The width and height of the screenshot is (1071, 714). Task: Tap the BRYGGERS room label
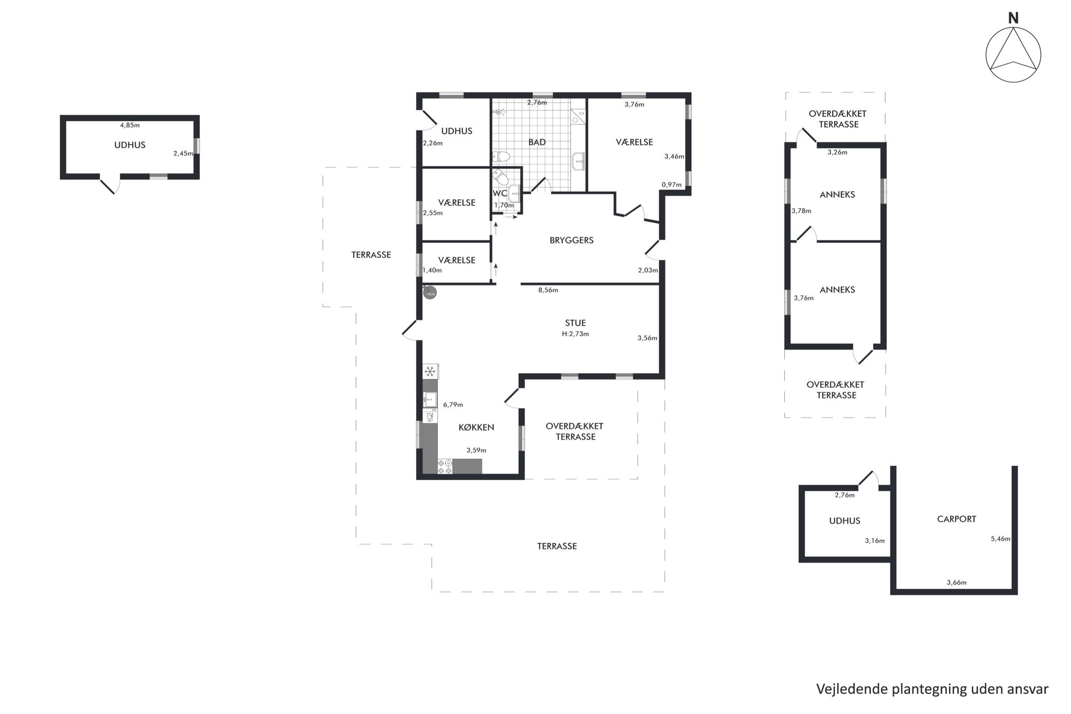click(571, 240)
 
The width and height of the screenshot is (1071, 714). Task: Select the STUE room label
click(575, 323)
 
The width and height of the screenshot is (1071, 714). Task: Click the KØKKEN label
click(476, 427)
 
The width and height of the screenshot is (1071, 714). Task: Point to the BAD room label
click(537, 142)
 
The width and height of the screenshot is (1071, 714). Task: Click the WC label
click(500, 193)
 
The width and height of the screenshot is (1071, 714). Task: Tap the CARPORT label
click(957, 519)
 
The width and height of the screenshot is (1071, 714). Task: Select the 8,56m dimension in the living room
click(548, 290)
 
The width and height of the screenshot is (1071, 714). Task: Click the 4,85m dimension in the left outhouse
click(130, 125)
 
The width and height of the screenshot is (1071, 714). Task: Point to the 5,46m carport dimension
click(1000, 539)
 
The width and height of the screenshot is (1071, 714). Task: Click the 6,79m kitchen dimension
click(453, 405)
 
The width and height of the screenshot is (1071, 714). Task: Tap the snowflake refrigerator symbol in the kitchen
click(430, 371)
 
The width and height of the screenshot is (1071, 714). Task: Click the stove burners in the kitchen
click(445, 467)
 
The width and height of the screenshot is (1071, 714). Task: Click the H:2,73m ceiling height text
click(575, 334)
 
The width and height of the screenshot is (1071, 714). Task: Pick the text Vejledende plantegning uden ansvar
click(932, 690)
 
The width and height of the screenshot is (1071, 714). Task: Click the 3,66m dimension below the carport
click(957, 583)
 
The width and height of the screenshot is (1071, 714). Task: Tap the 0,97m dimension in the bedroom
click(672, 185)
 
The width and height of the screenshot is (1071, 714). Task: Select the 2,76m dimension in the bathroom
click(537, 103)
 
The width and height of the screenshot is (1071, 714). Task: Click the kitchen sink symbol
click(430, 399)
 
